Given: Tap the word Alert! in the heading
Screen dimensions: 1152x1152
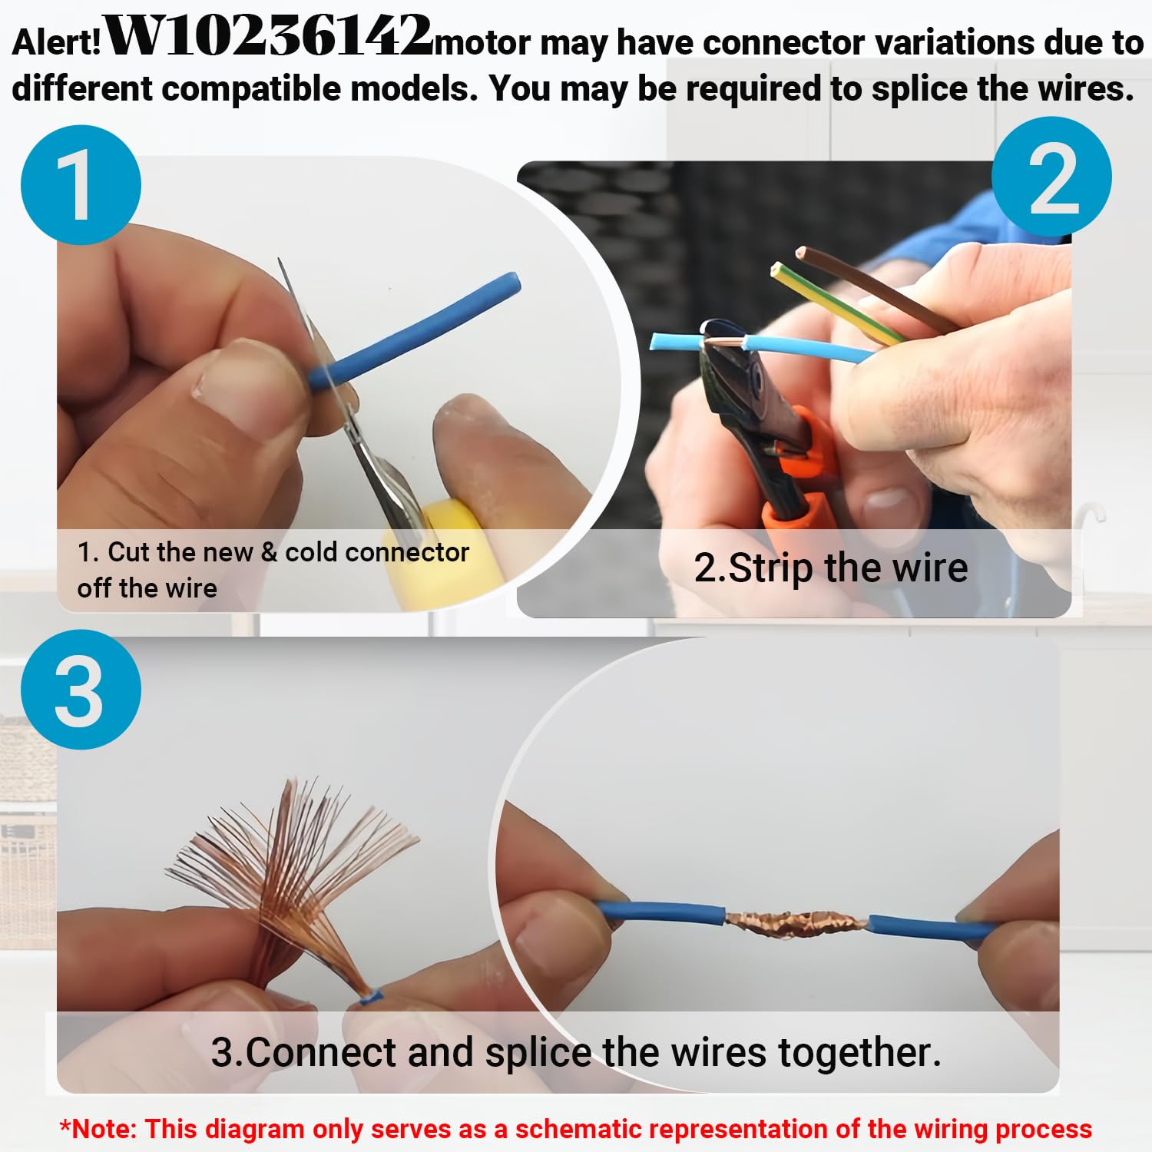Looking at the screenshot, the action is click(x=57, y=41).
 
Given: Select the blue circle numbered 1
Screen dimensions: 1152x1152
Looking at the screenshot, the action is click(x=81, y=185).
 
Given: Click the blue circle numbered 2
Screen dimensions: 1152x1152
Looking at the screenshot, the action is click(x=1051, y=177).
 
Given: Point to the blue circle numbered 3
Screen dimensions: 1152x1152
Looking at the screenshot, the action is click(x=81, y=690).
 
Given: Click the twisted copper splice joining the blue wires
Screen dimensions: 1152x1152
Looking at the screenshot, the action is click(x=796, y=921).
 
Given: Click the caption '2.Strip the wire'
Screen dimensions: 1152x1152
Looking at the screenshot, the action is click(x=831, y=568).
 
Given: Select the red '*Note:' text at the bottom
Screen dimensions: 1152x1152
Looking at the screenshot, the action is click(x=98, y=1129).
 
